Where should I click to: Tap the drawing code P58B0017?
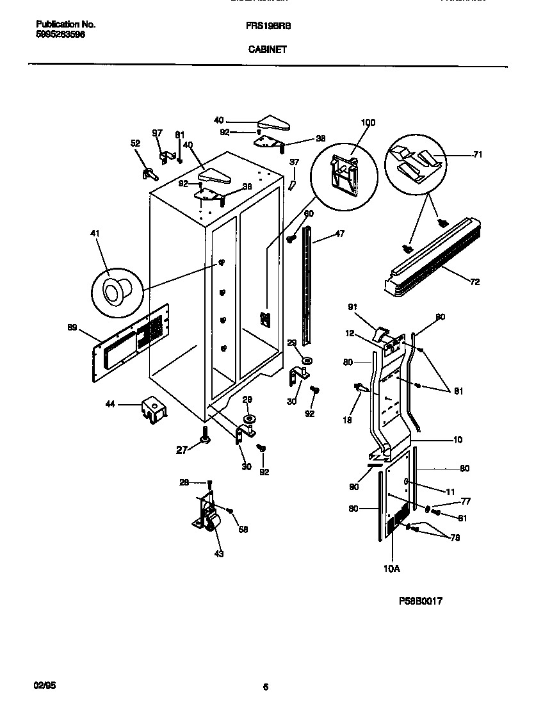pyautogui.click(x=421, y=601)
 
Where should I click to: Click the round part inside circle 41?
pyautogui.click(x=116, y=292)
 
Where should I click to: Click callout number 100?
pyautogui.click(x=368, y=122)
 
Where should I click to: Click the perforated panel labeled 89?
pyautogui.click(x=131, y=343)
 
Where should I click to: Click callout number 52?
pyautogui.click(x=135, y=144)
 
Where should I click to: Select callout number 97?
pyautogui.click(x=158, y=133)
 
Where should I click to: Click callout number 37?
pyautogui.click(x=294, y=162)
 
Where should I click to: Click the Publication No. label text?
pyautogui.click(x=65, y=24)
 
